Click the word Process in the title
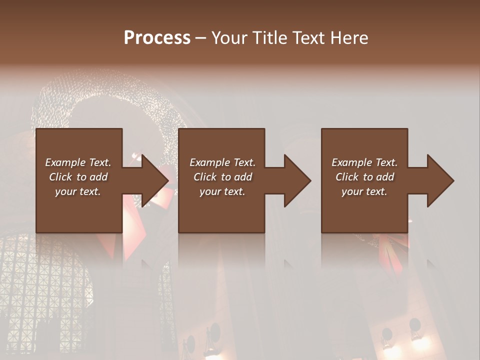coord(157,37)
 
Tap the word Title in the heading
coord(270,37)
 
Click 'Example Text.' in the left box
coord(78,162)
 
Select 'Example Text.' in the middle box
coord(222,162)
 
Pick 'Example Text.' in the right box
coord(364,162)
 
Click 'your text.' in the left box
coord(78,191)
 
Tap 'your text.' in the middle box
coord(222,191)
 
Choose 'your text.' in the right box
coord(364,191)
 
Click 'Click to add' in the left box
coord(78,177)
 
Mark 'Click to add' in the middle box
coord(222,177)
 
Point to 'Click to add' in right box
coord(364,177)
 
